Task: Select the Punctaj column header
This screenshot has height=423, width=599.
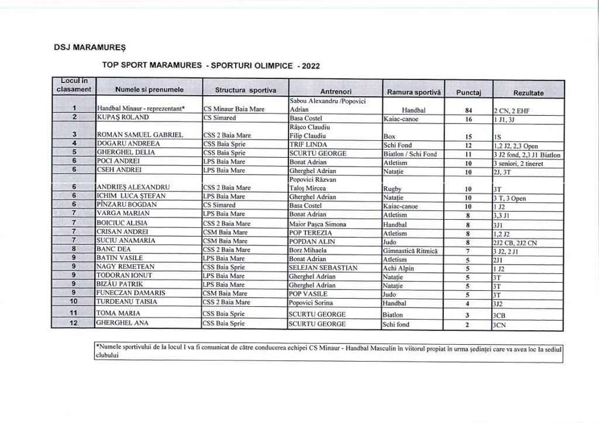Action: coord(468,92)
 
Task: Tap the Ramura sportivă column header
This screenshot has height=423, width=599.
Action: coord(414,92)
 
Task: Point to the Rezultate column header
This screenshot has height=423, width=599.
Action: coord(528,92)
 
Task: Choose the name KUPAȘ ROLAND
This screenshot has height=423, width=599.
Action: coord(120,117)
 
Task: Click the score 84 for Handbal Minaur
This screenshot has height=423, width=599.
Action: coord(468,109)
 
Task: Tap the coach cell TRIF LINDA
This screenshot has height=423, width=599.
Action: coord(307,144)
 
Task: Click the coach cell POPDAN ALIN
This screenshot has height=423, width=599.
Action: coord(311,241)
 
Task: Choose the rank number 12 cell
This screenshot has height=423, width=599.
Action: coord(74,323)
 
